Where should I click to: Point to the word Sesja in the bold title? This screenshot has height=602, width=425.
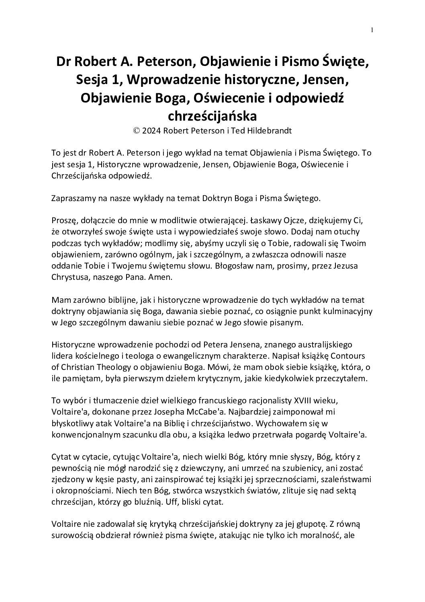[93, 80]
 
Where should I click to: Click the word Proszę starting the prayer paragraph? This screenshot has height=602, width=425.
[64, 221]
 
